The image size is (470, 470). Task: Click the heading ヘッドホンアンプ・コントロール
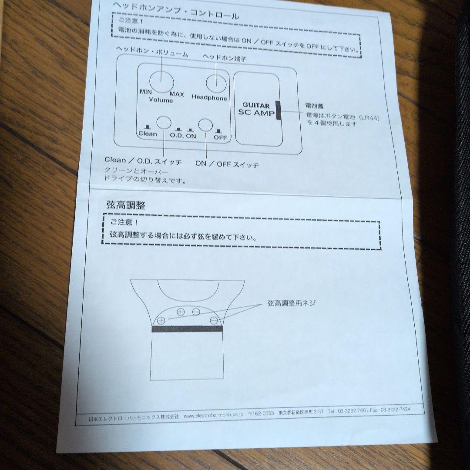[176, 11]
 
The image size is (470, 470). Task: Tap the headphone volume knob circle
[161, 81]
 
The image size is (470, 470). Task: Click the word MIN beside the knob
[145, 92]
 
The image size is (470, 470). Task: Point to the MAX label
[177, 94]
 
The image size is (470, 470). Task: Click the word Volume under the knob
[161, 101]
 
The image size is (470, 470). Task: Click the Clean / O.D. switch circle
[164, 123]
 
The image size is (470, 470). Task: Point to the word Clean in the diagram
[147, 134]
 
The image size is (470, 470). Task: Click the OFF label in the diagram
[220, 137]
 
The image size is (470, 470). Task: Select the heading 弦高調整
[126, 205]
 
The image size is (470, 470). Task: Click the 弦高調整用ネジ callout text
[291, 303]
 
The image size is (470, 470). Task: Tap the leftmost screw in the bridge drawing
[161, 321]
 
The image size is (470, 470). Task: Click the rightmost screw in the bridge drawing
[214, 321]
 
